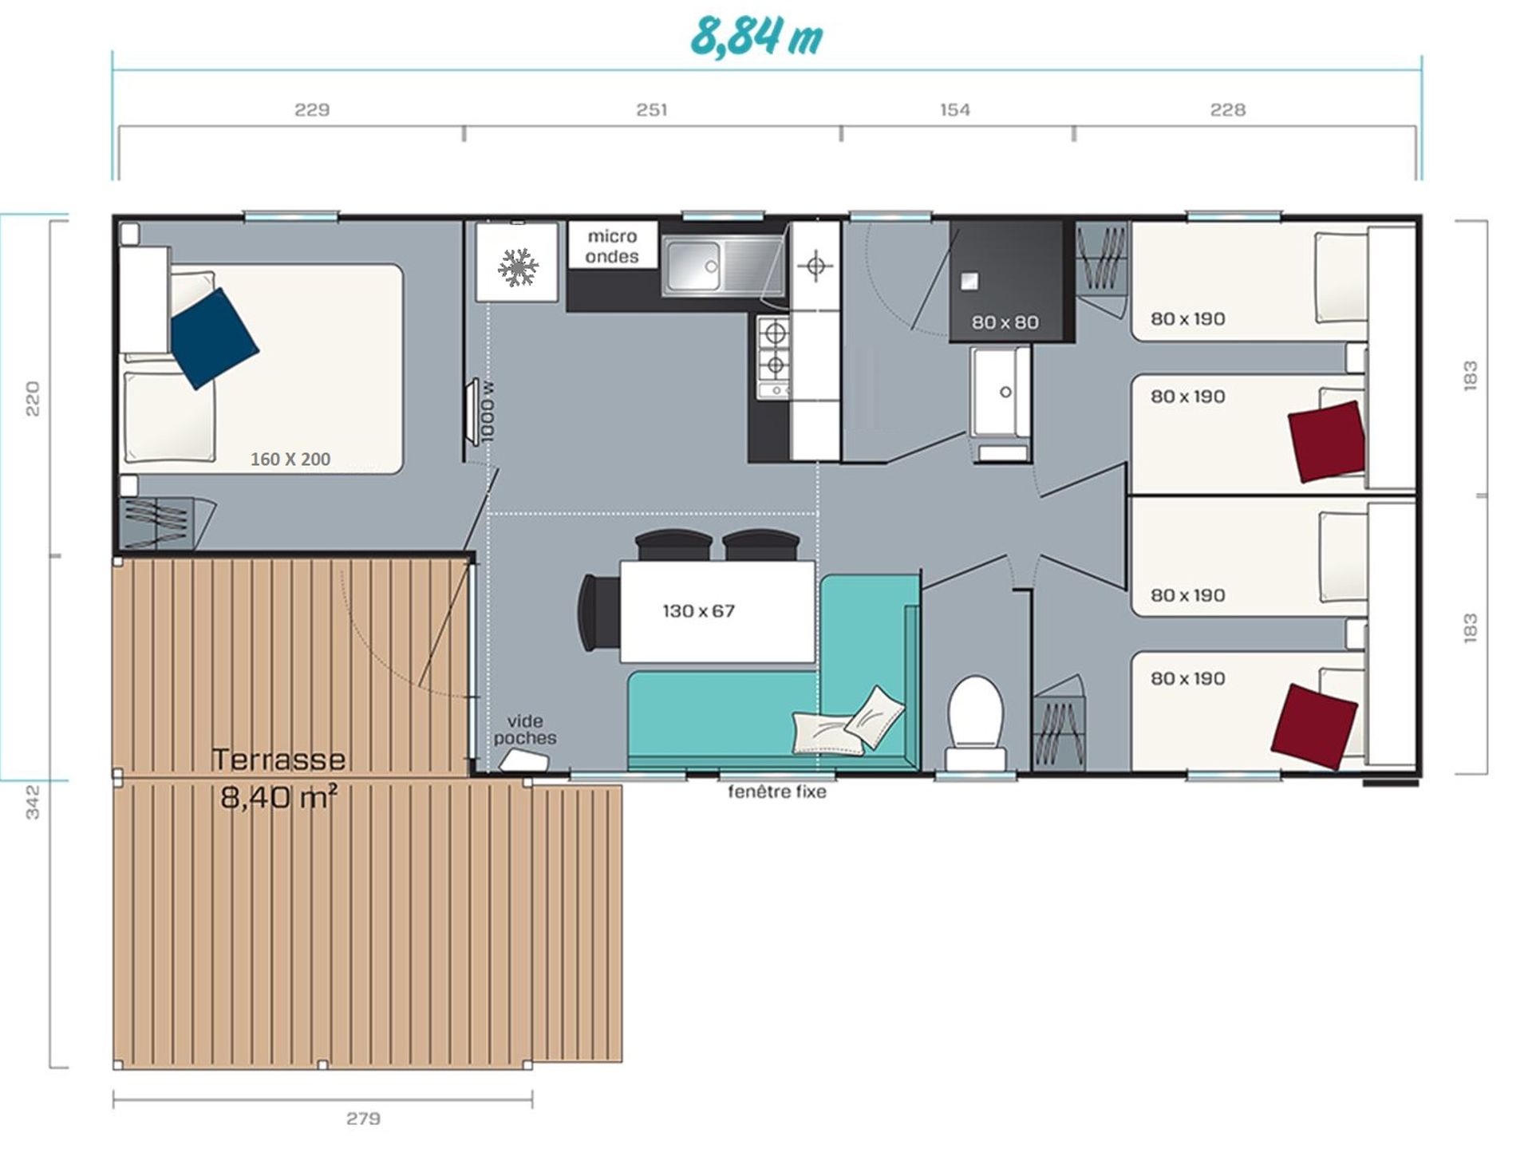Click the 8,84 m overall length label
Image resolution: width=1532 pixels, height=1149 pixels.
[756, 36]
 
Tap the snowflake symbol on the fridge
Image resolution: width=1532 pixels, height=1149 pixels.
[517, 267]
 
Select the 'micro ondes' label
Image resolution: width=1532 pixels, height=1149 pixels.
[612, 247]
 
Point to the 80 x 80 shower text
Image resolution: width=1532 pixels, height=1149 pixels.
[1005, 322]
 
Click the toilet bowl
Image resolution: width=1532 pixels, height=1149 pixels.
[975, 710]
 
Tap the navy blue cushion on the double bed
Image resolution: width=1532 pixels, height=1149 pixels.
[214, 338]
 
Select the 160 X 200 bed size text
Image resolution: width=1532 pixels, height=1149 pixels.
[290, 459]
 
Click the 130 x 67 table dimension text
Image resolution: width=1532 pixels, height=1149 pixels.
[698, 611]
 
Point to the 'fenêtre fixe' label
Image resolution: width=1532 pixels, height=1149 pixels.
[776, 792]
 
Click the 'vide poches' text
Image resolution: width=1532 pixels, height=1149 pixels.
[524, 729]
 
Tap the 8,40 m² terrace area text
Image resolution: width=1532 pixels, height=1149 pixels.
[278, 796]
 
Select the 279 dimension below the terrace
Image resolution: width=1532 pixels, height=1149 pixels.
[363, 1119]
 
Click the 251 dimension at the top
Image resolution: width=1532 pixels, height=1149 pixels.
[652, 109]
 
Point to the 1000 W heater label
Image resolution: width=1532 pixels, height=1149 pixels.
[488, 412]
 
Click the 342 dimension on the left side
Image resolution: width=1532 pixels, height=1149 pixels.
[33, 803]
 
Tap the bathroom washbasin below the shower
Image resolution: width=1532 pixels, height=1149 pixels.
[1001, 391]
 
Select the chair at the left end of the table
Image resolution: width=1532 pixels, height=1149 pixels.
[598, 612]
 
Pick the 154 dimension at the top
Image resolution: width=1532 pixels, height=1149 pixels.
[955, 109]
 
